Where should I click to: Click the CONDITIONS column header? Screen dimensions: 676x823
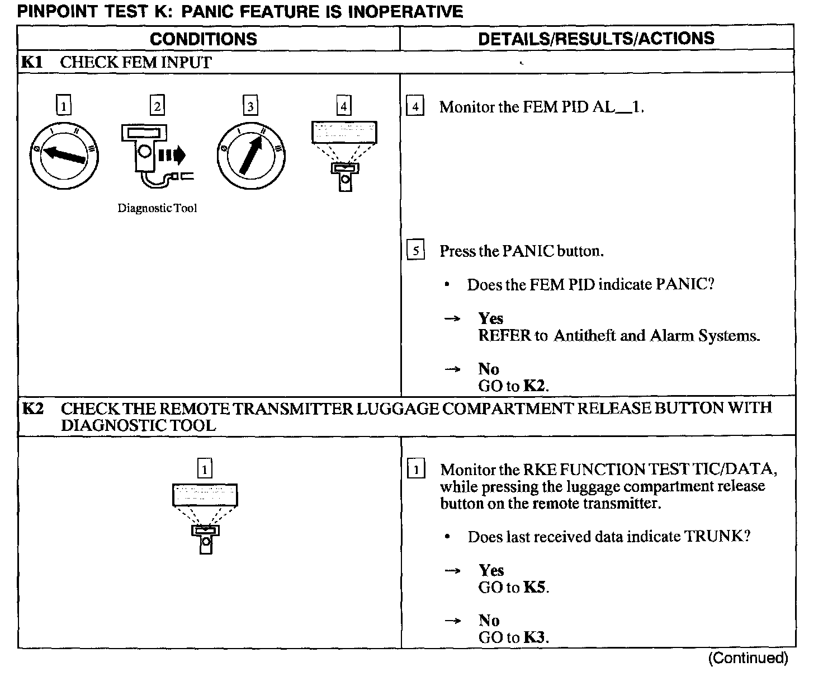204,39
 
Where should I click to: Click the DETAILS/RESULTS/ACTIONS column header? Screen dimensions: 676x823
596,38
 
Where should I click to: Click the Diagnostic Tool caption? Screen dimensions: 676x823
157,208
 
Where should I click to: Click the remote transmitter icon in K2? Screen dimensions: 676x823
205,518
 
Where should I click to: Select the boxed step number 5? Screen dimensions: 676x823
415,251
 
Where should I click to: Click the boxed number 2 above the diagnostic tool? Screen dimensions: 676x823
157,106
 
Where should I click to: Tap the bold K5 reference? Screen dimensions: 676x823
535,587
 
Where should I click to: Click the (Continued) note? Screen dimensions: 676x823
748,658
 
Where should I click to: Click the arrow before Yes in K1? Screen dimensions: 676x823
452,318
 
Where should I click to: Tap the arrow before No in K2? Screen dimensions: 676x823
453,621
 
